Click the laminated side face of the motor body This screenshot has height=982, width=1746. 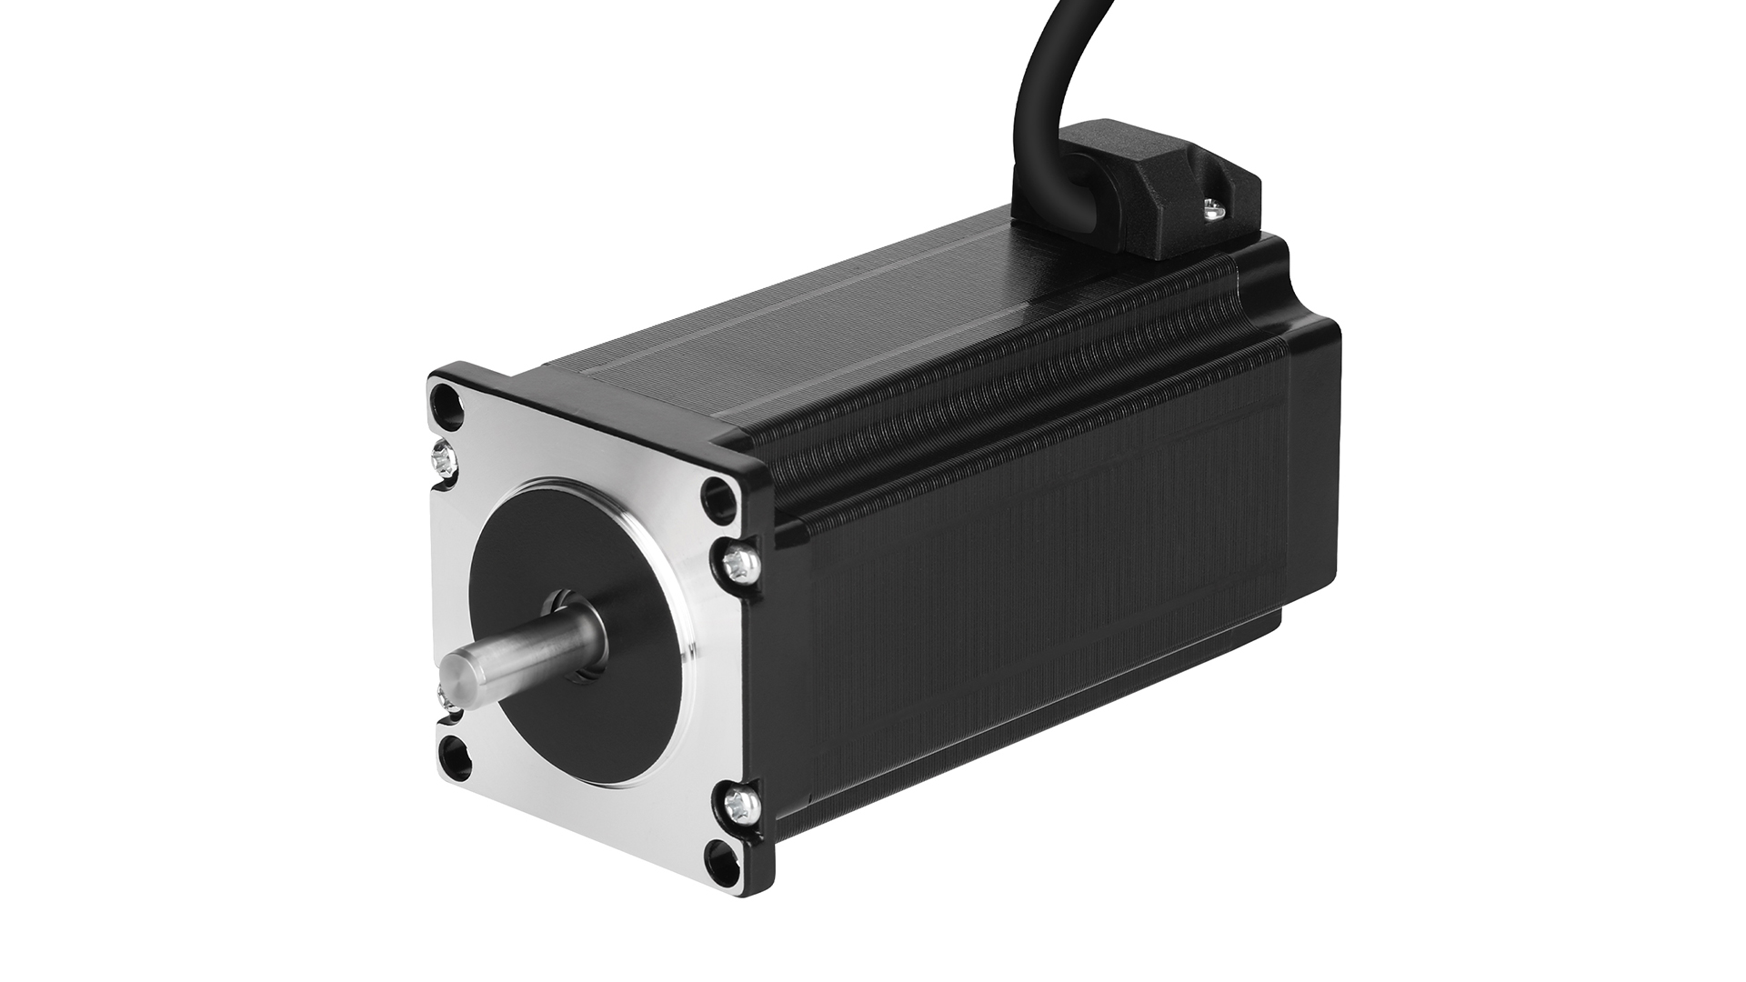pos(1046,636)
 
